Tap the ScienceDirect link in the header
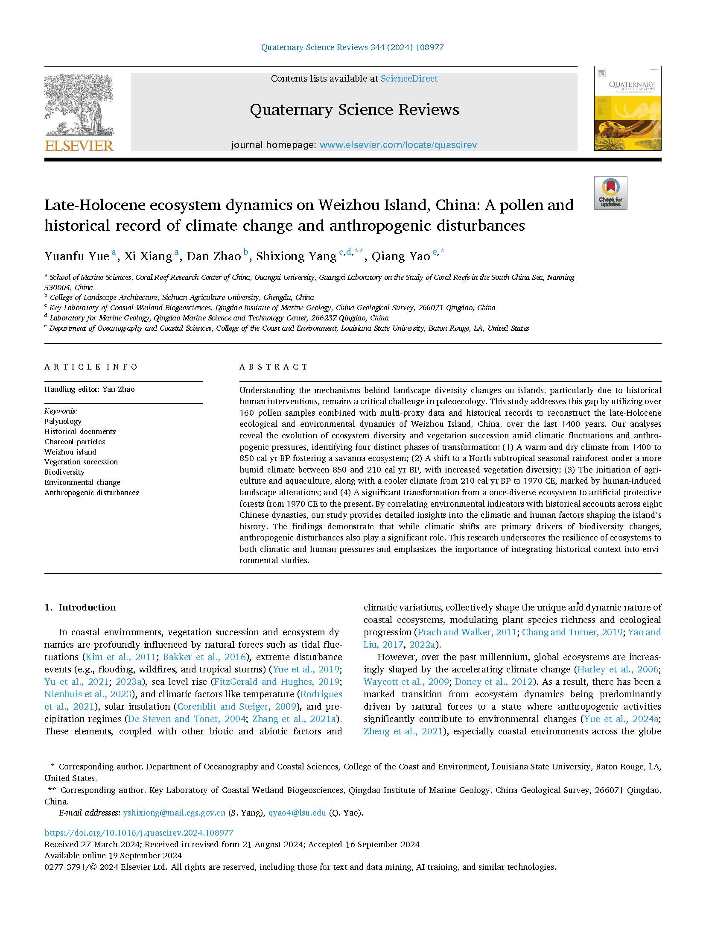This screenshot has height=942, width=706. coord(409,79)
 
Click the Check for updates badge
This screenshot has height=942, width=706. coord(610,193)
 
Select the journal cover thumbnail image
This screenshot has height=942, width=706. coord(627,109)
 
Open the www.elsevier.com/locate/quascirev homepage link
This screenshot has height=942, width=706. coord(398,145)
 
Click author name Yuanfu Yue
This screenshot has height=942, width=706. coord(77,256)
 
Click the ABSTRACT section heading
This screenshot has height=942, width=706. coord(274,367)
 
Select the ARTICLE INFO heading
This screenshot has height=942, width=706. coord(91,367)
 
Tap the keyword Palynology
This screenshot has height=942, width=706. coord(63,421)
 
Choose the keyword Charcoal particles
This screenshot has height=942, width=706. coord(75,442)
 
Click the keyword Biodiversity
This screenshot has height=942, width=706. coord(64,472)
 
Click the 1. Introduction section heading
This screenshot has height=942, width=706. coord(80,607)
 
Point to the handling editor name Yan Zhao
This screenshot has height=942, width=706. coord(118,389)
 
